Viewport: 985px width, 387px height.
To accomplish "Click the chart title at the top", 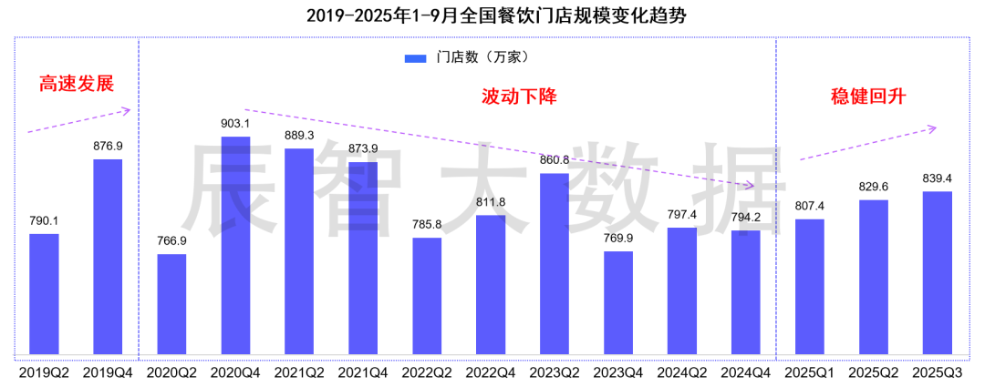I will coord(493,15).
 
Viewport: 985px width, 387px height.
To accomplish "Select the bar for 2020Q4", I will coord(235,246).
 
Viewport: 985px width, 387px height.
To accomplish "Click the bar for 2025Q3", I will coord(938,272).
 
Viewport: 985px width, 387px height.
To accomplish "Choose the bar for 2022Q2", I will coord(427,296).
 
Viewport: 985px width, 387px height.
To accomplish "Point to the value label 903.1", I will coord(235,123).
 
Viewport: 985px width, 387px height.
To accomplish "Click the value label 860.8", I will coord(555,159).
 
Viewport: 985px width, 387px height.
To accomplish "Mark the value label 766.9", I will coord(171,240).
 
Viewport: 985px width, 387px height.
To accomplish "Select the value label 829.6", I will coord(874,186).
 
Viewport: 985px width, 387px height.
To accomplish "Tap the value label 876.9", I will coord(108,146).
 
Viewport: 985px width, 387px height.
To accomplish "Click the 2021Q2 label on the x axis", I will coord(299,372).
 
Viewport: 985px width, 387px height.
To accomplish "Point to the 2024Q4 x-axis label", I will coord(746,372).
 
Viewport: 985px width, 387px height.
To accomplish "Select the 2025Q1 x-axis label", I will coord(810,372).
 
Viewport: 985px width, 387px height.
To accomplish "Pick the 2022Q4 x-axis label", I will coord(491,372).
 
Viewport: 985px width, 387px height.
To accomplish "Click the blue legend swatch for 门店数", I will coord(416,58).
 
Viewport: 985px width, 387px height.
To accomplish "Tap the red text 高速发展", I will coord(76,84).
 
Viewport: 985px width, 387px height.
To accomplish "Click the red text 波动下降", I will coord(519,96).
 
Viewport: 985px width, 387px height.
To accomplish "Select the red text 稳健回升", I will coord(867,96).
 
